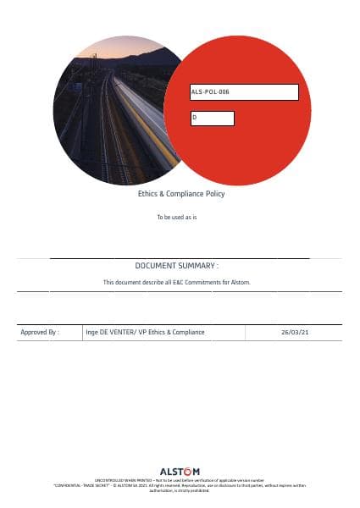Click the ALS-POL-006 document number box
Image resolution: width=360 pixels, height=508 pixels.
click(244, 92)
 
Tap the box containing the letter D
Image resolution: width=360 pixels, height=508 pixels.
click(212, 119)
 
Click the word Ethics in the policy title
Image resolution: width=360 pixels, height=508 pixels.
click(147, 194)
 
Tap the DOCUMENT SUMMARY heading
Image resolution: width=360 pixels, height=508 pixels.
click(177, 266)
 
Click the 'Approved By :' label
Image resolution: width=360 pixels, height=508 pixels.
click(39, 333)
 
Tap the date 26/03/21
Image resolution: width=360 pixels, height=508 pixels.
click(295, 333)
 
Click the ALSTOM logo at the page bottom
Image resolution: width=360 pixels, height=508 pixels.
click(180, 472)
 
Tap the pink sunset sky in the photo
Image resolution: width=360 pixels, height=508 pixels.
click(119, 47)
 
